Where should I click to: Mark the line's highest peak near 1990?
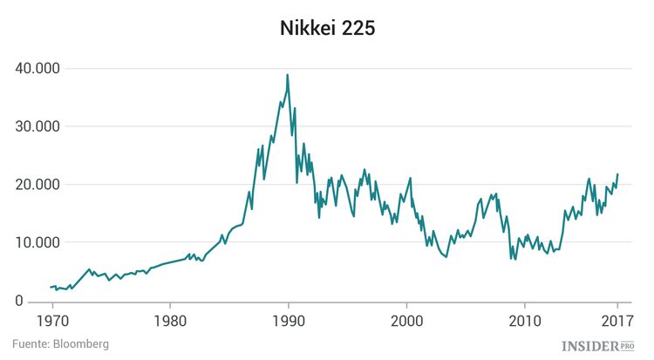pyautogui.click(x=287, y=75)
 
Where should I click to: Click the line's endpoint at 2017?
pyautogui.click(x=618, y=174)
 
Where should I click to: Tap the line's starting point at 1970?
pyautogui.click(x=51, y=287)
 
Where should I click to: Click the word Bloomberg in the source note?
pyautogui.click(x=80, y=344)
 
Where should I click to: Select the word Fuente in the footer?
pyautogui.click(x=31, y=344)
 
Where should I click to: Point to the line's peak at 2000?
pyautogui.click(x=410, y=179)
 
